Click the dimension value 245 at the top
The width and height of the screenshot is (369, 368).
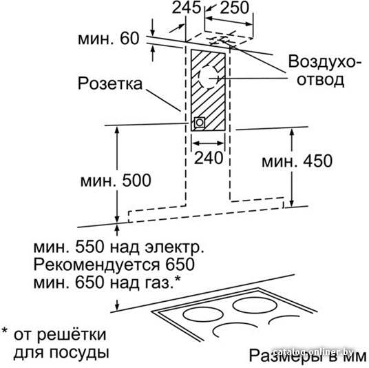(x=187, y=7)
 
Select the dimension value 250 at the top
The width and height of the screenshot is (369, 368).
(x=234, y=7)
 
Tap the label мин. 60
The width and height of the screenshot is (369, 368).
(x=109, y=39)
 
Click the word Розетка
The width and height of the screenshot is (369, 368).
(x=110, y=83)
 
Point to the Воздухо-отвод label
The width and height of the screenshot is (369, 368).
(x=321, y=71)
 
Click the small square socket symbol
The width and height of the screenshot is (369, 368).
(x=200, y=123)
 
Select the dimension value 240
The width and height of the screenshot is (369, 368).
(x=209, y=157)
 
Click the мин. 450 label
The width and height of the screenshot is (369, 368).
(x=297, y=161)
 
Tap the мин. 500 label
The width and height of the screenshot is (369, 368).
(x=116, y=181)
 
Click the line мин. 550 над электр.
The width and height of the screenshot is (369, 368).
(x=119, y=247)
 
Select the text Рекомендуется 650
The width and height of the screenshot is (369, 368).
(x=114, y=265)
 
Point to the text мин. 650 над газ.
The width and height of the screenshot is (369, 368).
(x=107, y=283)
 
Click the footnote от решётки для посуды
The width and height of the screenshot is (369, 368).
(x=61, y=344)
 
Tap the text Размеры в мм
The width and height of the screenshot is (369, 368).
(x=308, y=356)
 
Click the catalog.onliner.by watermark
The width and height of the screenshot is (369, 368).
(x=313, y=352)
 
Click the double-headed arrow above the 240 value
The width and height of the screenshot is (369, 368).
(x=208, y=143)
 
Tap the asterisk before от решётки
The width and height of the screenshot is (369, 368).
(x=4, y=331)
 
